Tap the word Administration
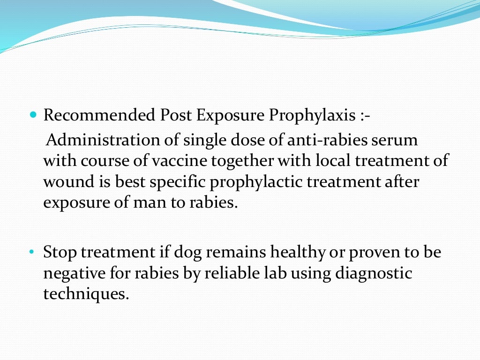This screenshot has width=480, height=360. click(x=96, y=140)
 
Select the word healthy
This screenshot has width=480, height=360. click(x=298, y=252)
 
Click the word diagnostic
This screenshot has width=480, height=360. click(x=374, y=273)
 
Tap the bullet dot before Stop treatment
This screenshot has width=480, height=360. click(x=32, y=252)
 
